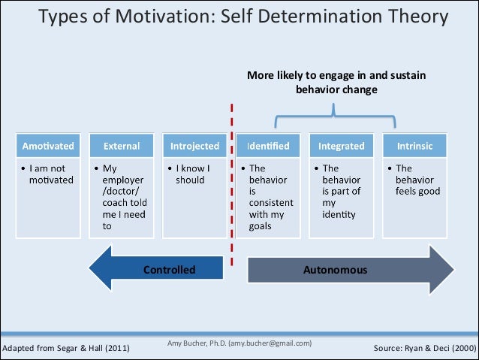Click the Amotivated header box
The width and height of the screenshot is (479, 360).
point(47,146)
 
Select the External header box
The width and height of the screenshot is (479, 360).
point(121,146)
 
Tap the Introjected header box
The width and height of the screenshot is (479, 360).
point(194,146)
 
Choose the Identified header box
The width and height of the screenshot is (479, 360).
point(268,146)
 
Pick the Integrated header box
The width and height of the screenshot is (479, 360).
point(341,146)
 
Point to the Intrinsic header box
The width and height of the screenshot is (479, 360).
point(414,146)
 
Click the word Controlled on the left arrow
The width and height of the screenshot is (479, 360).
point(169,269)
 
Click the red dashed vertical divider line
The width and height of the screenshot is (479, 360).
point(231,188)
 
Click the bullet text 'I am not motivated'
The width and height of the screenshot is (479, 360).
point(48,174)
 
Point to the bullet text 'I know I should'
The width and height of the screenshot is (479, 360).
point(192,174)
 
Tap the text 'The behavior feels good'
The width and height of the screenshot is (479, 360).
point(417,180)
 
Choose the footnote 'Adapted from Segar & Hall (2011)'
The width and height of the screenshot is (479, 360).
point(66,349)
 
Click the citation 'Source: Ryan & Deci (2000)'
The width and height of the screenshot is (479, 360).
point(423,349)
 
